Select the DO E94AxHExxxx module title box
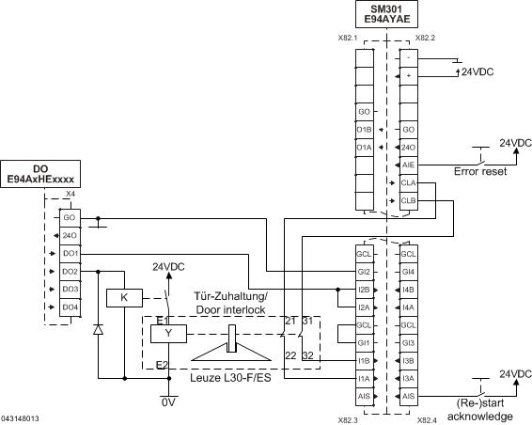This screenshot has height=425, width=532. pyautogui.click(x=40, y=173)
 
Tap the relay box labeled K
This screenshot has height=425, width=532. pyautogui.click(x=123, y=297)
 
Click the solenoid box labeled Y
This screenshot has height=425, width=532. pyautogui.click(x=168, y=332)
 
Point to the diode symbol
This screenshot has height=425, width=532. pyautogui.click(x=98, y=330)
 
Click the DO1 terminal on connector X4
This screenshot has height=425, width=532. pyautogui.click(x=70, y=254)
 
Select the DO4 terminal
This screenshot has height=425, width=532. pyautogui.click(x=70, y=307)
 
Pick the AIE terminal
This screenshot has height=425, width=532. pyautogui.click(x=408, y=165)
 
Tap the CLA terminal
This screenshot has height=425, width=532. pyautogui.click(x=408, y=182)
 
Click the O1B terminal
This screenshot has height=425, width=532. pyautogui.click(x=365, y=129)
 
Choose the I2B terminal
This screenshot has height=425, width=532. pyautogui.click(x=365, y=290)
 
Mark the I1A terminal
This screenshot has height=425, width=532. pyautogui.click(x=365, y=379)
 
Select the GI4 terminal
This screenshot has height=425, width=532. pyautogui.click(x=408, y=272)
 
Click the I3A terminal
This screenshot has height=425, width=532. pyautogui.click(x=408, y=379)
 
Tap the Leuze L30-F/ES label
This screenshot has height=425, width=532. pyautogui.click(x=229, y=377)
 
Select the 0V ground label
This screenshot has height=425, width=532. pyautogui.click(x=168, y=401)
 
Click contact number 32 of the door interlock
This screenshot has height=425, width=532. pyautogui.click(x=307, y=354)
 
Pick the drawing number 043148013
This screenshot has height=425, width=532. pyautogui.click(x=21, y=417)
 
